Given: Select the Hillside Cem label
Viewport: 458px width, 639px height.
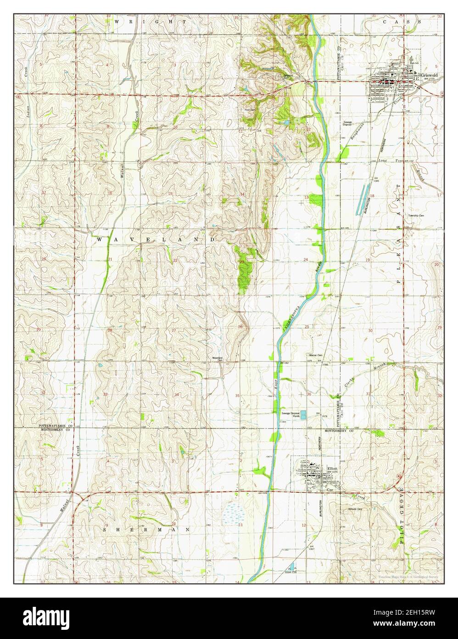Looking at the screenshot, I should tap(355, 509).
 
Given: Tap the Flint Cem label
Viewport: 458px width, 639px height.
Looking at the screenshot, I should tap(250, 110).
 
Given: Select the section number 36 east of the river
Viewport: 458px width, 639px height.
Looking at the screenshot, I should tap(309, 394).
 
